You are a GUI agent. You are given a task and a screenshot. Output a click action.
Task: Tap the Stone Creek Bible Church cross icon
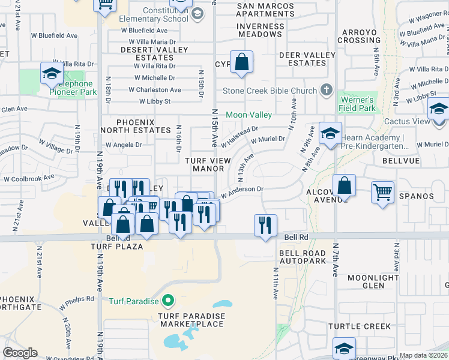coord(326,91)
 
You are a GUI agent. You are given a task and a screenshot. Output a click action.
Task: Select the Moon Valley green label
coord(249,115)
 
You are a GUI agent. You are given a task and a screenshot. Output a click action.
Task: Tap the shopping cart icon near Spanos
coord(382,193)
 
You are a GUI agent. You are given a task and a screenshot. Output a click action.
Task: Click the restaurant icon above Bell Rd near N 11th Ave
coord(265,226)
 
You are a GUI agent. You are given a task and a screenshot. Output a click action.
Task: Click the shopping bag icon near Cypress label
coord(241,62)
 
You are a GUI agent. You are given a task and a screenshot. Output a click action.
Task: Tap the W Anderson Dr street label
coord(243,191)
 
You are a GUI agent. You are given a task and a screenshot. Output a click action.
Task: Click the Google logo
coord(20,353)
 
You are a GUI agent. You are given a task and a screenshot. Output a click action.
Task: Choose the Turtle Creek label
coord(351,326)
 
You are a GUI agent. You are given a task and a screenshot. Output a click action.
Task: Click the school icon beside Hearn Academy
coord(330,134)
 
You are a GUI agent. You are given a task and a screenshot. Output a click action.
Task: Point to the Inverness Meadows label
coord(261,30)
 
